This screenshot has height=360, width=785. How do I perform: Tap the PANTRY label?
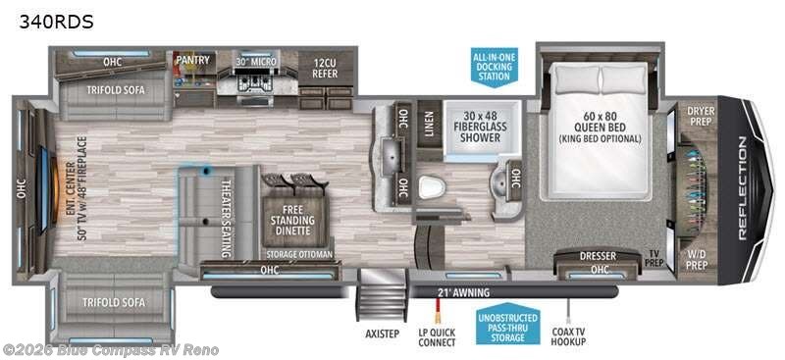click(x=192, y=60)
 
